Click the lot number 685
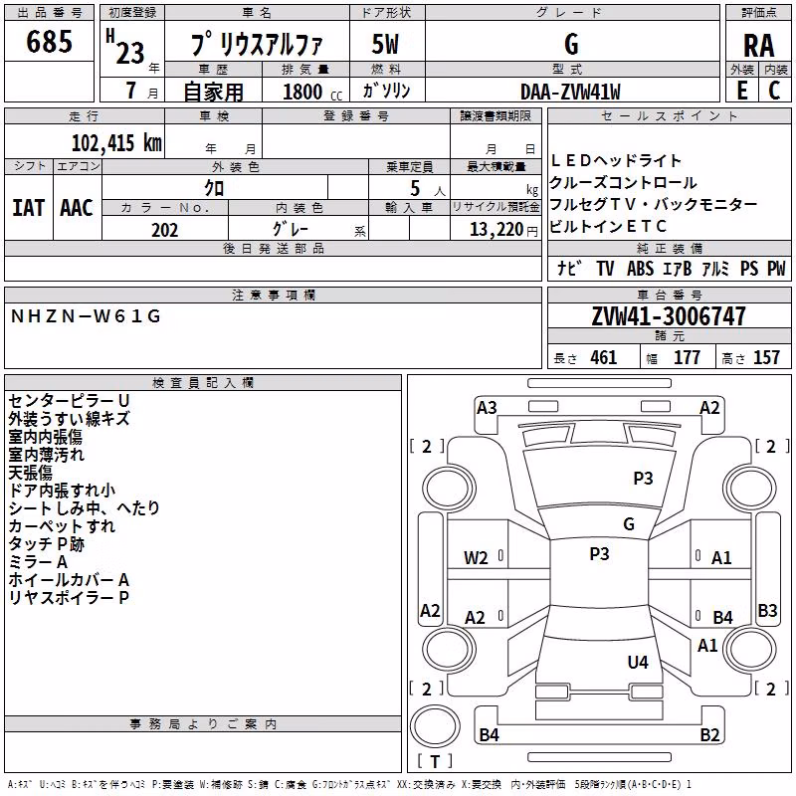click(49, 41)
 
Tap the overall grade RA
click(758, 46)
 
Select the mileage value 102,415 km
click(116, 142)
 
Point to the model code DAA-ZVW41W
click(570, 92)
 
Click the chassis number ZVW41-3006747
click(669, 316)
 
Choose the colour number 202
click(164, 230)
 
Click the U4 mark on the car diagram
click(638, 662)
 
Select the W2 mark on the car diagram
click(476, 558)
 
